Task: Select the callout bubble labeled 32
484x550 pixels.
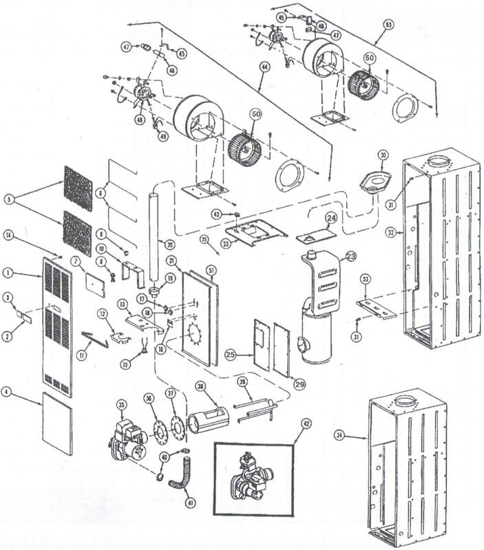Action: coord(392,232)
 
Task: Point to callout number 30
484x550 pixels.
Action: coord(383,155)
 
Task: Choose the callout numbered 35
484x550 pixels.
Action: coord(122,405)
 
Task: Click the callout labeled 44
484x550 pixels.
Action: coord(264,87)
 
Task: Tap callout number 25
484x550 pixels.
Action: coord(231,354)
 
